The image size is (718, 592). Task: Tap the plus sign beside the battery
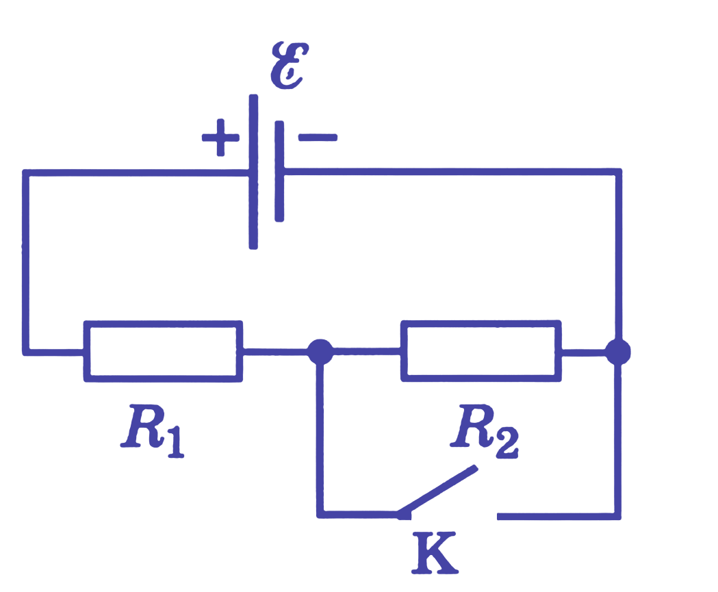point(220,138)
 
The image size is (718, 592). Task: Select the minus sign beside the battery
point(318,138)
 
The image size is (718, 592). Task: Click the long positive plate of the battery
point(253,172)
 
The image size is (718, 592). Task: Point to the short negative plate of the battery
point(279,171)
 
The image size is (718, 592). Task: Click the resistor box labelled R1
point(163,351)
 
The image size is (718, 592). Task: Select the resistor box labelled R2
point(481,351)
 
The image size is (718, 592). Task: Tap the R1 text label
point(153,431)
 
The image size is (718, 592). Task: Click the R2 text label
point(485,431)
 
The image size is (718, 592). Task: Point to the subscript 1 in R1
point(177,442)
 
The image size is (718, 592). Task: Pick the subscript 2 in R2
point(507,443)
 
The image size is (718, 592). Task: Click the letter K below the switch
point(435,552)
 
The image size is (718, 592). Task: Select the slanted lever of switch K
point(437,491)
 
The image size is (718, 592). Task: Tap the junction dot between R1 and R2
point(320,352)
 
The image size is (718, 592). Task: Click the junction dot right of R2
point(617,352)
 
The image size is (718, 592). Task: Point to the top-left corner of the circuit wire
point(25,172)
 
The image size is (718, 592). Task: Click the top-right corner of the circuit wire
point(618,172)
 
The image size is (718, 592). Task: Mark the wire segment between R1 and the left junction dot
point(274,352)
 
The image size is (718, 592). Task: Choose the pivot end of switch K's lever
point(403,515)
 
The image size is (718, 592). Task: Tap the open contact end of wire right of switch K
point(499,517)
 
